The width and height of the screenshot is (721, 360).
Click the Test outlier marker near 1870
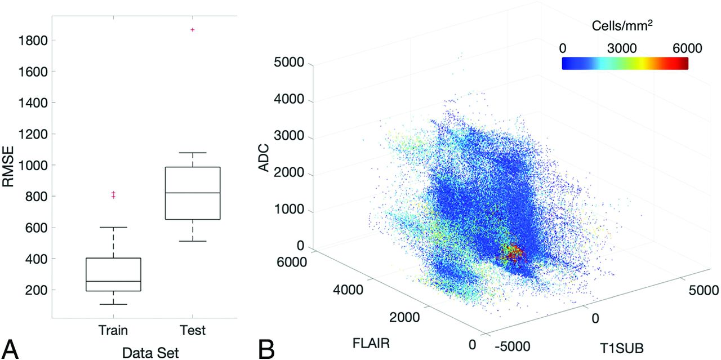(x=193, y=30)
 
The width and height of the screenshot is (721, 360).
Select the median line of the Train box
(x=113, y=281)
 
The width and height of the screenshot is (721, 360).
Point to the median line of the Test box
(x=193, y=193)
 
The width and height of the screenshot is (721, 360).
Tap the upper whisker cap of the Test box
(x=193, y=153)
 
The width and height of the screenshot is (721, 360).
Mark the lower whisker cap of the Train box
(x=113, y=304)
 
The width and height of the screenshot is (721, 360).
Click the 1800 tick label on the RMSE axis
(x=33, y=41)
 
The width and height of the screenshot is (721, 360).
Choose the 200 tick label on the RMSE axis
(x=37, y=290)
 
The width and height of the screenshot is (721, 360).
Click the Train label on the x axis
(x=113, y=330)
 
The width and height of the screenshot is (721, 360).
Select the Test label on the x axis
(x=193, y=330)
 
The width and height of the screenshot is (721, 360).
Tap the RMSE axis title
(x=8, y=166)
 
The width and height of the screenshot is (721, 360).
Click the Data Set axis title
(x=150, y=353)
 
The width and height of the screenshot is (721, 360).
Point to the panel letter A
(x=10, y=349)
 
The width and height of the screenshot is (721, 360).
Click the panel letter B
(x=266, y=349)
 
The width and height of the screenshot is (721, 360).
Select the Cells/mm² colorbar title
(x=622, y=25)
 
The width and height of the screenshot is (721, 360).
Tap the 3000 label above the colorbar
(x=622, y=48)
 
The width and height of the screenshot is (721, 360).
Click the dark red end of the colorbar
(x=684, y=64)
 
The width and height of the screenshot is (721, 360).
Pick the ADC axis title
(x=264, y=158)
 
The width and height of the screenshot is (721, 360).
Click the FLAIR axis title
(x=371, y=343)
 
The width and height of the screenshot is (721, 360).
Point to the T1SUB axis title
(x=621, y=348)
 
